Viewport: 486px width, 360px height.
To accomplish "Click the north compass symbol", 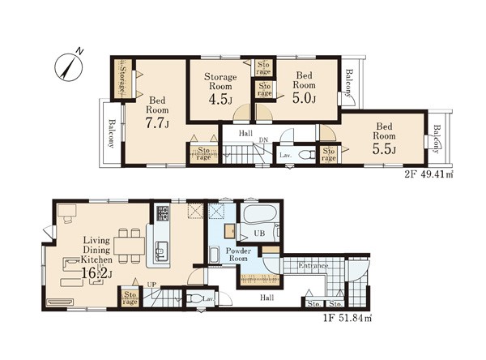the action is click(x=69, y=66).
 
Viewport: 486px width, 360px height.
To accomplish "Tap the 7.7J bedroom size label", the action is click(x=157, y=123).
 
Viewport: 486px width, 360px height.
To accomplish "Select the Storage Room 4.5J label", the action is click(x=220, y=89).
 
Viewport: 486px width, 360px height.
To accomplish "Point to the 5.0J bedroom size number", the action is click(x=304, y=98).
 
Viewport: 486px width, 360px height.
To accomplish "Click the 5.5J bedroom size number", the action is click(x=384, y=149).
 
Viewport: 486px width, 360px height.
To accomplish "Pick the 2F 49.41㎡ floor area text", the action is click(x=429, y=174).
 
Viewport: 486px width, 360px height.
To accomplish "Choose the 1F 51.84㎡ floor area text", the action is click(x=347, y=318).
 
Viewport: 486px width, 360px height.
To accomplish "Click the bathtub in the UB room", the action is click(x=260, y=213).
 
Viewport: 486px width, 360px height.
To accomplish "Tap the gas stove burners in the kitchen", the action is click(x=163, y=213).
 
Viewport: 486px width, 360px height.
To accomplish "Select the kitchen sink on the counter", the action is click(x=161, y=251).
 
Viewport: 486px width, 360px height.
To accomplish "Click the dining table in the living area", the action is click(x=130, y=246).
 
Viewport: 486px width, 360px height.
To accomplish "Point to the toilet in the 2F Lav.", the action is click(x=308, y=154).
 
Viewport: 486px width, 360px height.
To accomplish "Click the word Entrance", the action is click(x=313, y=266).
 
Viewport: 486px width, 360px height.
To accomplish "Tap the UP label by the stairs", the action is click(x=152, y=285).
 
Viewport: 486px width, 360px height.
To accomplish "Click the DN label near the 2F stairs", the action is click(x=264, y=140).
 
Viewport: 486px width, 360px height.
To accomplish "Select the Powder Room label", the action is click(x=238, y=255).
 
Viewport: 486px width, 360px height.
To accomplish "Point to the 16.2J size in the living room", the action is click(x=97, y=273).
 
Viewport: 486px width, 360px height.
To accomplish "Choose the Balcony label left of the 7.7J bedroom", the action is click(x=111, y=134).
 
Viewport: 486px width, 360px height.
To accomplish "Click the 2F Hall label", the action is click(x=245, y=134).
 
